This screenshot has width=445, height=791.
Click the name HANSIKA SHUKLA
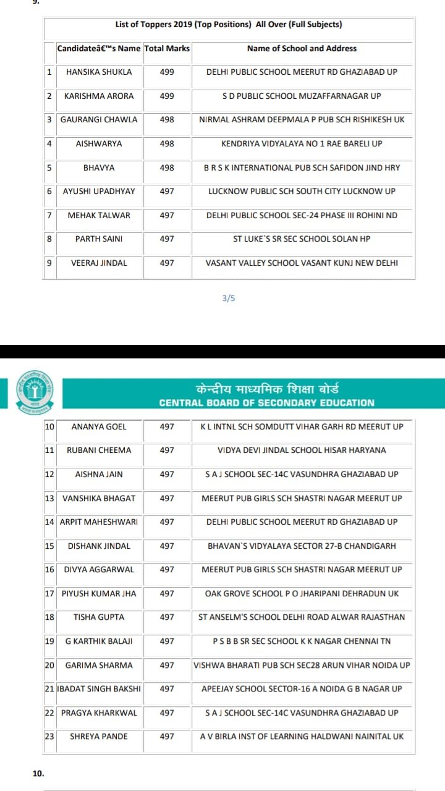[99, 72]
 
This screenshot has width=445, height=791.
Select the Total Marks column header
[167, 48]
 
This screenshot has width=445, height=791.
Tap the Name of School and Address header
[302, 48]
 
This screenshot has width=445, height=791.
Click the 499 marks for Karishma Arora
[167, 96]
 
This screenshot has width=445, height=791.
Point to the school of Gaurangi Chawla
[302, 119]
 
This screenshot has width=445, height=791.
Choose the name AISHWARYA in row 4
[99, 143]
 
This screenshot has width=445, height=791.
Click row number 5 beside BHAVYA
[49, 167]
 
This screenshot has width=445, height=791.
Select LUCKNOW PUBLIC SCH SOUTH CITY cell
[302, 191]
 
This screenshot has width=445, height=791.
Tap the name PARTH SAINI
[99, 239]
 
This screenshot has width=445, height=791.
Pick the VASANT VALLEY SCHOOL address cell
[302, 263]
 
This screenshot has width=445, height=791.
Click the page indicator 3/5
[229, 298]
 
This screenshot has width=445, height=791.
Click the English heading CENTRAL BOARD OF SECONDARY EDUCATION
[266, 403]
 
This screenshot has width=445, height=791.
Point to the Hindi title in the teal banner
[266, 389]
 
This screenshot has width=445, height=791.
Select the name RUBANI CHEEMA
[99, 450]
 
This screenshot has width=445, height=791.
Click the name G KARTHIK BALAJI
[99, 641]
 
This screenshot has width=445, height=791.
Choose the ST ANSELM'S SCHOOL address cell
[302, 617]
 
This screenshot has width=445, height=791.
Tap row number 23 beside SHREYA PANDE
[49, 736]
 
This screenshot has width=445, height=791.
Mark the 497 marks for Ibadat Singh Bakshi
[167, 688]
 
